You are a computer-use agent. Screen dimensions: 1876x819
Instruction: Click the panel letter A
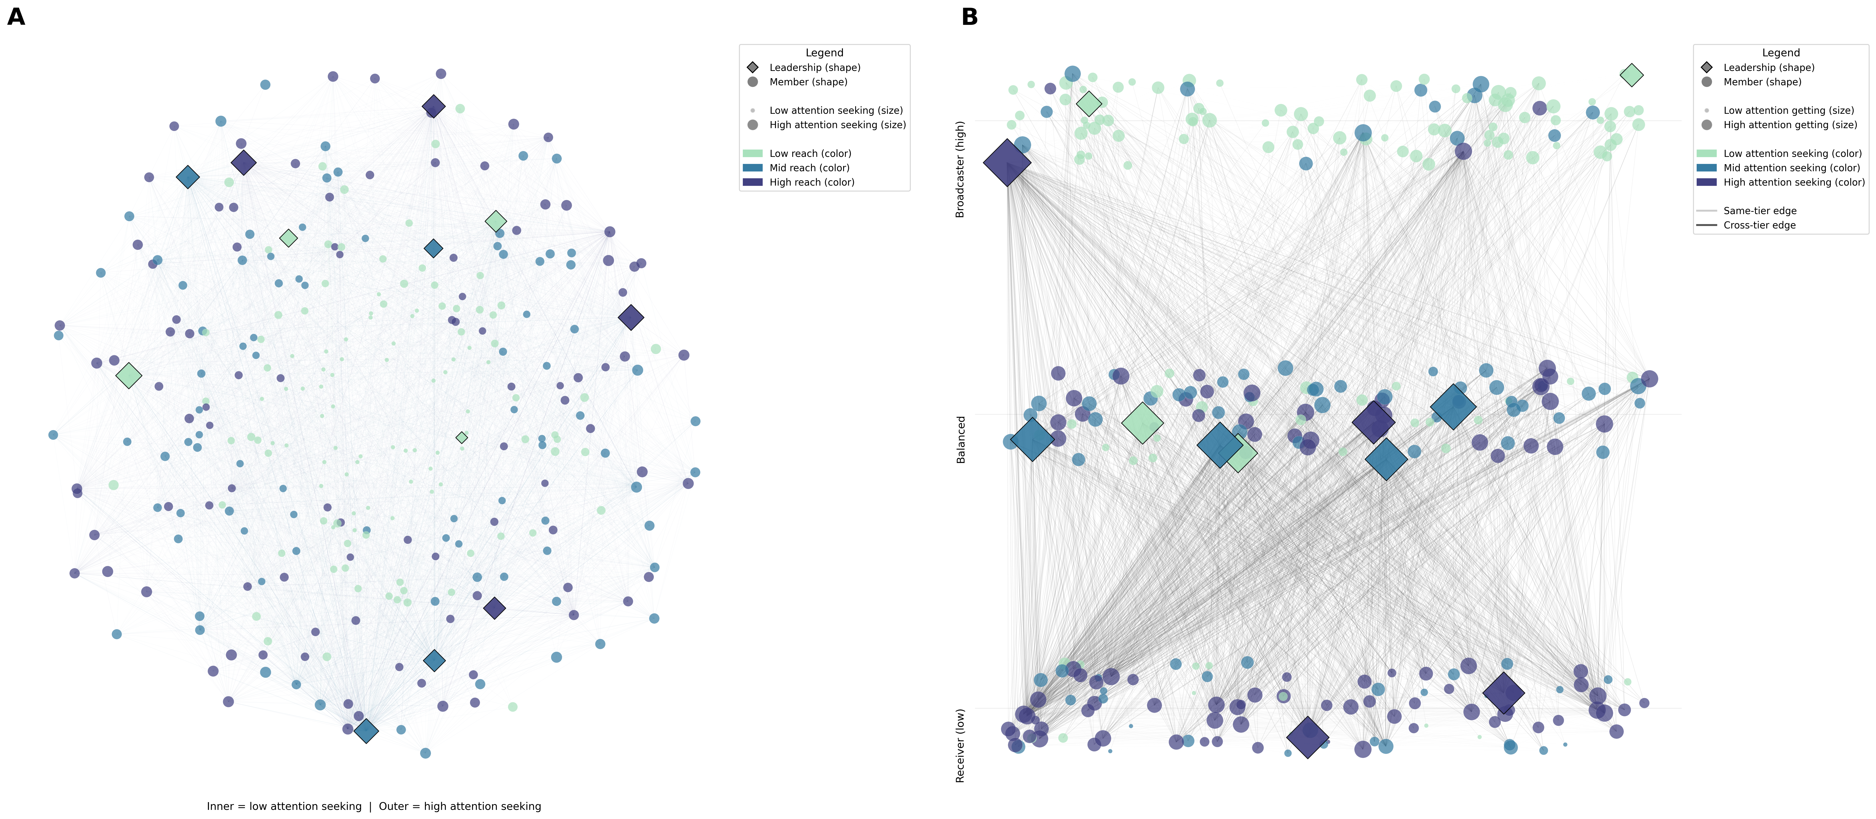16,17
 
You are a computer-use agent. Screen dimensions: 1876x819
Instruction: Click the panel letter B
969,17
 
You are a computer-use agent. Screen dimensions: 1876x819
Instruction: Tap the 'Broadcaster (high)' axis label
960,169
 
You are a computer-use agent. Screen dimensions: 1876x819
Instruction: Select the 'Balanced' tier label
960,439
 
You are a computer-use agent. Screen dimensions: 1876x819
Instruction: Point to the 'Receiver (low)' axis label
960,745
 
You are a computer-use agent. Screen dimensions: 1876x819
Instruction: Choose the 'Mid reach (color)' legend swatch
752,168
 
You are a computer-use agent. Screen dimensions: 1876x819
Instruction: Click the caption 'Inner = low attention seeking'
284,806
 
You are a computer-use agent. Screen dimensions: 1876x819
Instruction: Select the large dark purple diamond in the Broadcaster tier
1007,163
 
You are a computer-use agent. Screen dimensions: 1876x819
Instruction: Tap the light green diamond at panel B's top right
1631,74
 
